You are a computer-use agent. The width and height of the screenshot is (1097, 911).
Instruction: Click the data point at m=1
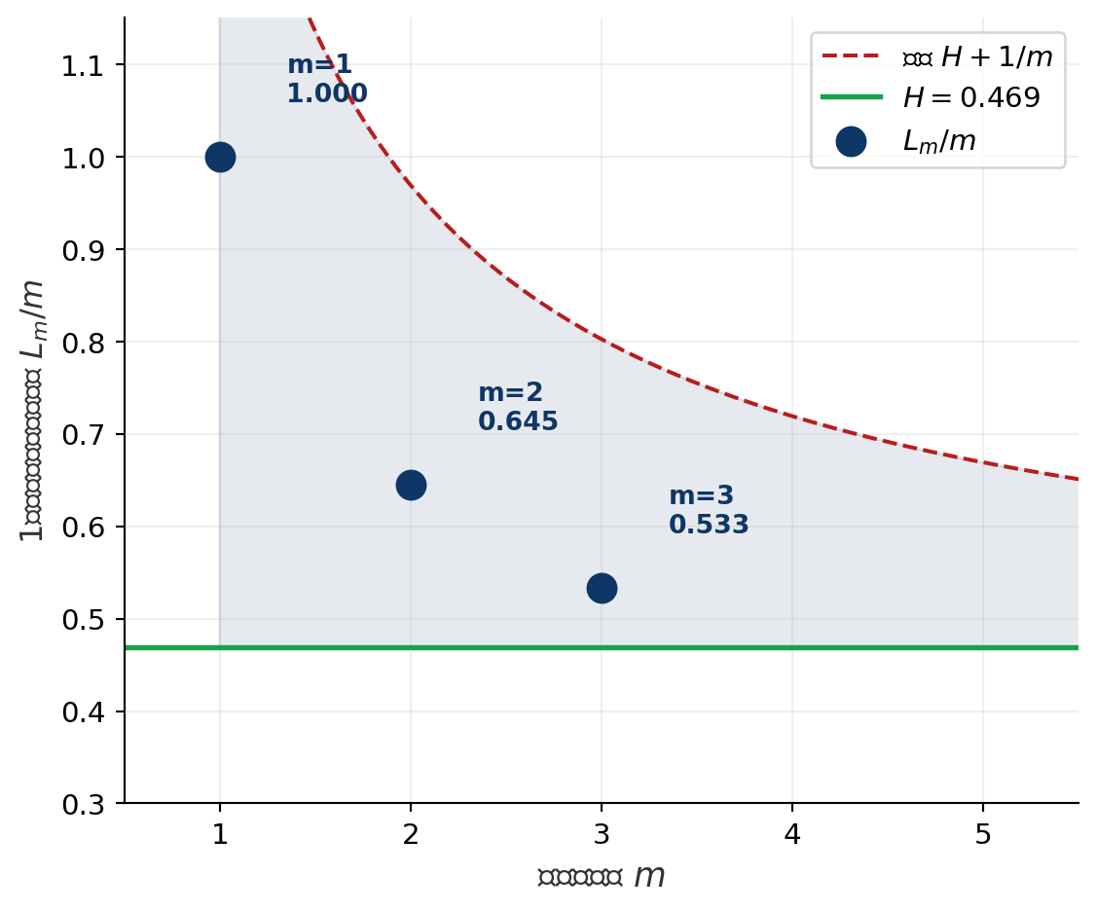point(220,157)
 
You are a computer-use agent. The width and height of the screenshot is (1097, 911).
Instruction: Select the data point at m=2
point(411,485)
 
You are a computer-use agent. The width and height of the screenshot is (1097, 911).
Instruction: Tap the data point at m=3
point(602,588)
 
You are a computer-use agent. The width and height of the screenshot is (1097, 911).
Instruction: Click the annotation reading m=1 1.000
point(326,80)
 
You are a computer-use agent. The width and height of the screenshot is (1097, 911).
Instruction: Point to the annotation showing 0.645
point(518,421)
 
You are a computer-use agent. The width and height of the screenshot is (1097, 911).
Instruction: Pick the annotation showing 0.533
point(709,525)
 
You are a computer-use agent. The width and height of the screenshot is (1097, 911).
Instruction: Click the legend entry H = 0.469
point(970,97)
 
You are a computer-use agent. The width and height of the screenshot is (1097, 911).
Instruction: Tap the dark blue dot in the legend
point(851,141)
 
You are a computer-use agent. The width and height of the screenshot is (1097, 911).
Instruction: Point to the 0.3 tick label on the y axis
point(86,804)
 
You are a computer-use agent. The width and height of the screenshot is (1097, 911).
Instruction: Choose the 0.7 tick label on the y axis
point(86,435)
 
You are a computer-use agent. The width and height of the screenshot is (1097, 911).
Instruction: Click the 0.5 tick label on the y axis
point(86,620)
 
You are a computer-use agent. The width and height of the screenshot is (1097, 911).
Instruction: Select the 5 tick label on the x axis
point(983,835)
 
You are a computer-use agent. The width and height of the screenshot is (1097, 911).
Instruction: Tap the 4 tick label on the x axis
point(792,835)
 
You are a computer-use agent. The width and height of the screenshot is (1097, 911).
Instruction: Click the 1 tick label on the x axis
point(220,835)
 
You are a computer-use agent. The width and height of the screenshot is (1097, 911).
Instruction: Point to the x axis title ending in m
point(602,877)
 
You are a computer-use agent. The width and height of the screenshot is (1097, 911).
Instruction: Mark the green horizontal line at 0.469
point(681,647)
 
